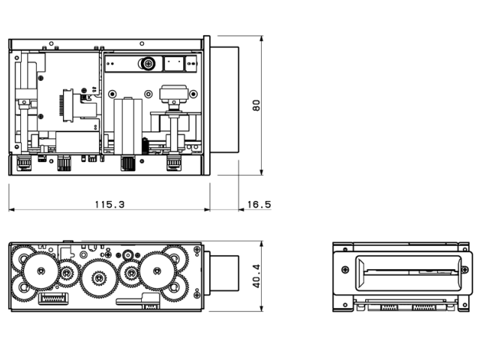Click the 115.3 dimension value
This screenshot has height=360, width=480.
point(109,204)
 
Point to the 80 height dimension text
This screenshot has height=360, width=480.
point(256,105)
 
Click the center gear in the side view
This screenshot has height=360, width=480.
point(97,279)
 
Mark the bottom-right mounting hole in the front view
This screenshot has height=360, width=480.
point(466,303)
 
